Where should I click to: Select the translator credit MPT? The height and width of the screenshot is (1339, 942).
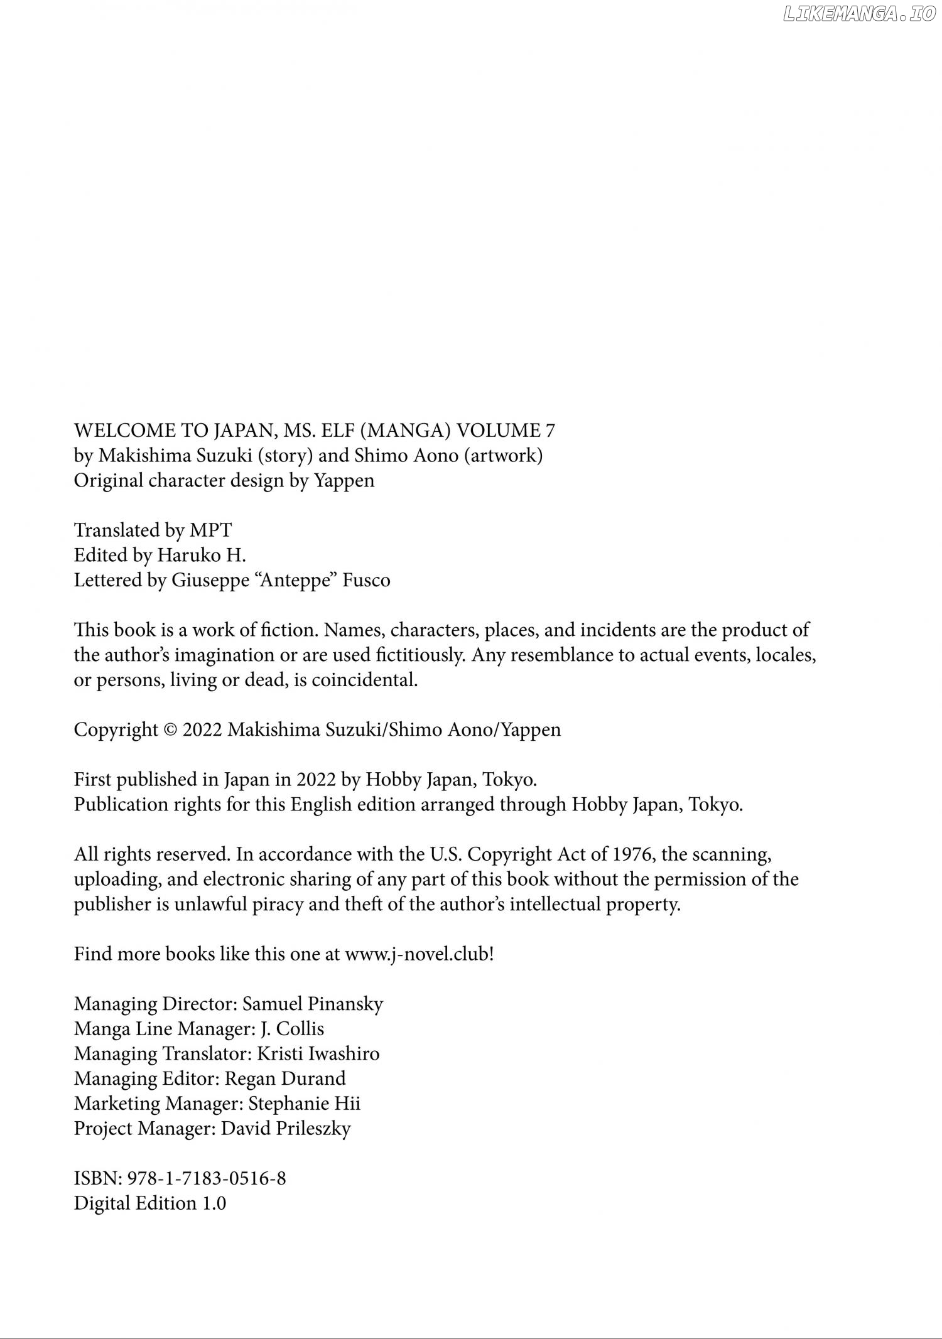210,530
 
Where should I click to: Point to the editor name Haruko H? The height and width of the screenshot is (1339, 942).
201,556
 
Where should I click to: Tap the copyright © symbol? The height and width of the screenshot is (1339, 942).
170,730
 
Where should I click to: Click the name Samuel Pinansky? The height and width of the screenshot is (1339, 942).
312,1004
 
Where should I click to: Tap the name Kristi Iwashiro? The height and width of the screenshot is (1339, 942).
318,1053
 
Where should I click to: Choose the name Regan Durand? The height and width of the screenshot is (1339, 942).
285,1078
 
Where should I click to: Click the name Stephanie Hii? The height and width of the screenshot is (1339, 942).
305,1104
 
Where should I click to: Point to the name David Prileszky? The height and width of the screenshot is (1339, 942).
286,1128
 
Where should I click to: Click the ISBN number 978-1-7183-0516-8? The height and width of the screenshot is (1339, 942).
207,1178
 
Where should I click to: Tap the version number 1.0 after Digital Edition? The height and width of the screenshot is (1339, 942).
214,1203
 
